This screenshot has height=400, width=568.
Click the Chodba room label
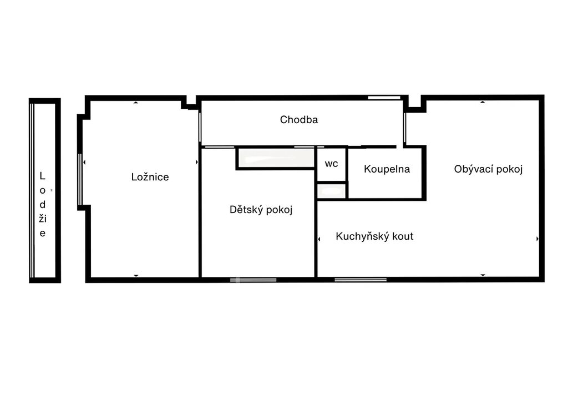(x=299, y=120)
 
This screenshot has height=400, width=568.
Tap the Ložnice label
(x=150, y=177)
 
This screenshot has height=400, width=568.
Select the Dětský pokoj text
(x=261, y=209)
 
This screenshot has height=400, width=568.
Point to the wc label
(x=332, y=164)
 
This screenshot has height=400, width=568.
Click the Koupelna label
(x=387, y=169)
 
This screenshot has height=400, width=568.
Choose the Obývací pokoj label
(x=488, y=169)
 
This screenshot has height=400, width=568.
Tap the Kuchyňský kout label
(x=374, y=236)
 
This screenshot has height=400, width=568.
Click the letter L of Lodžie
(x=42, y=176)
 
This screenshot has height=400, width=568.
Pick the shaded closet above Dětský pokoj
(x=276, y=158)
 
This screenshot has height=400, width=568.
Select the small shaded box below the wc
(x=332, y=191)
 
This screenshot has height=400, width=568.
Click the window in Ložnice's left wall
(x=80, y=179)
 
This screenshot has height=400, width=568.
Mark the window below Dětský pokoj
(x=253, y=280)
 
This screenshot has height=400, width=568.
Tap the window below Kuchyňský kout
(x=361, y=280)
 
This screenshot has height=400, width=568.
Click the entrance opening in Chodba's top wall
(x=384, y=98)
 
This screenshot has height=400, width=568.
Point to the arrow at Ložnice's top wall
(x=136, y=103)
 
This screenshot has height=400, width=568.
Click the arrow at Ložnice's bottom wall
(x=136, y=276)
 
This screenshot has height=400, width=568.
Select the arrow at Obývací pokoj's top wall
(x=483, y=102)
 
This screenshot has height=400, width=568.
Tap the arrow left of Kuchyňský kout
(x=319, y=239)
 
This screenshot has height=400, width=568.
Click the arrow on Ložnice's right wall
(x=197, y=163)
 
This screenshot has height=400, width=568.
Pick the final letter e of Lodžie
(x=43, y=234)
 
